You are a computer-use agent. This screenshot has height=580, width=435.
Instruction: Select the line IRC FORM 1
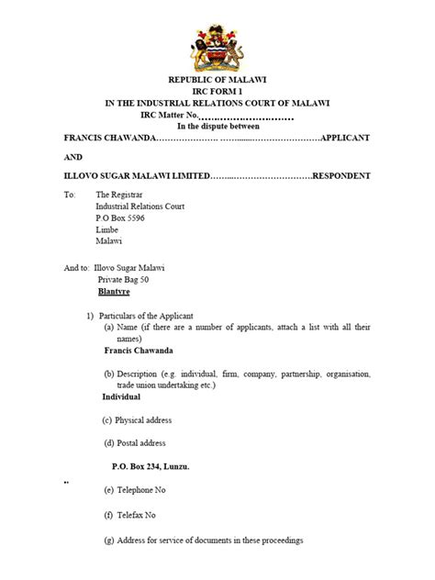pos(217,94)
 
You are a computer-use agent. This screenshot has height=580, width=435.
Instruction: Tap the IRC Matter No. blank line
pos(245,117)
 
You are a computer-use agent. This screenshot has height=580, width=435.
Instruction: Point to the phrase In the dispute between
pos(217,126)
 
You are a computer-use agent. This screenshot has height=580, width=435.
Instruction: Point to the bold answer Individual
pos(121,397)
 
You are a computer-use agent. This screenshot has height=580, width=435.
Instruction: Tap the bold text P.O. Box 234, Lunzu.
pos(146,467)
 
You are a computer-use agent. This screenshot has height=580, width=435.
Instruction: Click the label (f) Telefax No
pos(129,515)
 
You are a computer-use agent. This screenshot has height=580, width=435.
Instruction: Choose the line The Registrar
pos(120,195)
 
